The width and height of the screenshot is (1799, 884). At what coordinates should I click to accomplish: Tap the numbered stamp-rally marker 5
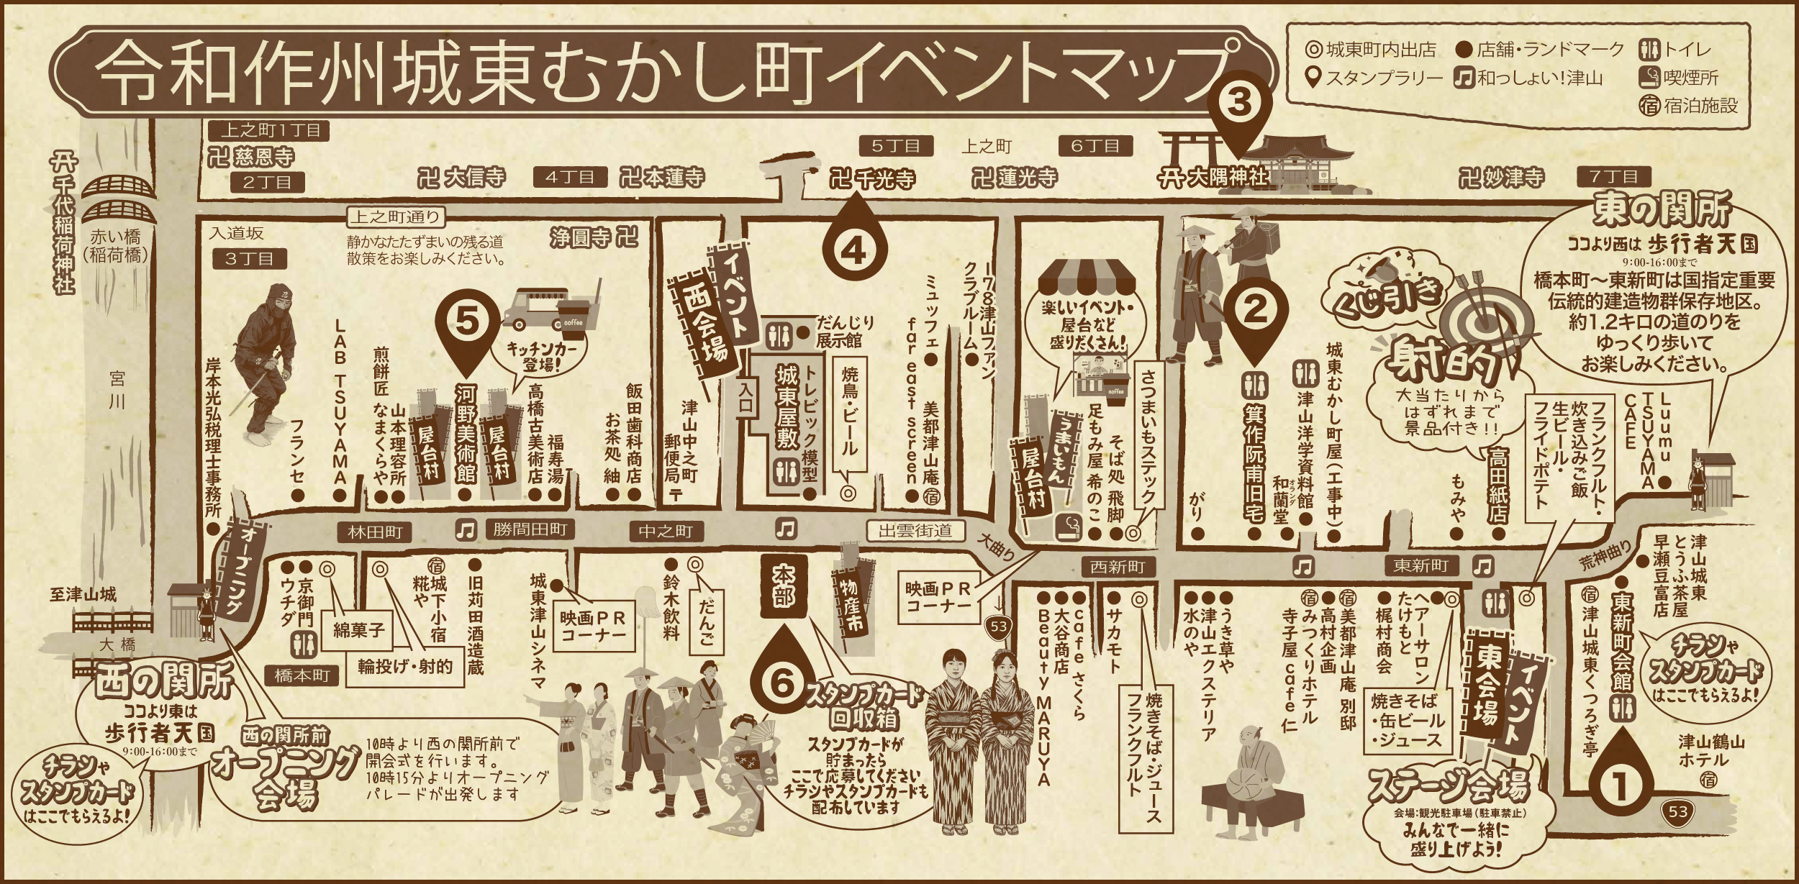click(x=466, y=322)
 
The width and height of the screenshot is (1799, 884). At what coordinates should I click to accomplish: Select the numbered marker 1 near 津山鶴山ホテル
click(x=1621, y=786)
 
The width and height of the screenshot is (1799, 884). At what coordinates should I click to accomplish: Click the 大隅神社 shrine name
click(x=1213, y=178)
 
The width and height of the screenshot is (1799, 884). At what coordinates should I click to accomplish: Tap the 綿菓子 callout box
click(x=358, y=630)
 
